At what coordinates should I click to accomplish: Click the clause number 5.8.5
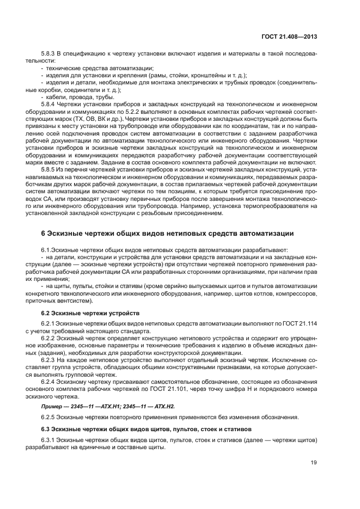coord(49,169)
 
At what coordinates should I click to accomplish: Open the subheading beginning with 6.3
coord(136,430)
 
